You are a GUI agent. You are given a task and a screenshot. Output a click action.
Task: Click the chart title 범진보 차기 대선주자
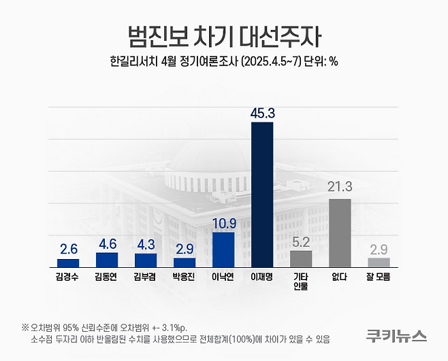(x=223, y=35)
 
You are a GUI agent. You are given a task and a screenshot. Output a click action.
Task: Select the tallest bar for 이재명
(x=262, y=194)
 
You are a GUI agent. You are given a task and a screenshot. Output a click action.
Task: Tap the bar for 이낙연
(x=223, y=250)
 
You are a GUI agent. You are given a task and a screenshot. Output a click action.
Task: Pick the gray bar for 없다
(x=340, y=233)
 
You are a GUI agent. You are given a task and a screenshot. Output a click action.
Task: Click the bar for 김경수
(x=68, y=263)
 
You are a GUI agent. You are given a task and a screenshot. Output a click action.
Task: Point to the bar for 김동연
(x=107, y=260)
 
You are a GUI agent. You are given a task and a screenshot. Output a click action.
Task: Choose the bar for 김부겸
(x=146, y=260)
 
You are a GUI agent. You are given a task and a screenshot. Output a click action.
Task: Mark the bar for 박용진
(x=185, y=262)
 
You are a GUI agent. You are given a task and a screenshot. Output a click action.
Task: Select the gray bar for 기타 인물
(x=301, y=259)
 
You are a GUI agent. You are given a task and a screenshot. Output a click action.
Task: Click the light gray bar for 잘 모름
(x=379, y=262)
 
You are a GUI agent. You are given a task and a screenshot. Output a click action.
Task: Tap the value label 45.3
(x=262, y=112)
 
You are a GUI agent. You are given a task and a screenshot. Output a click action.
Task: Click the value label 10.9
(x=223, y=222)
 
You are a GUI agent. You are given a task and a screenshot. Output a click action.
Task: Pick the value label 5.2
(x=301, y=241)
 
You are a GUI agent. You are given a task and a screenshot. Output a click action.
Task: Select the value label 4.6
(x=107, y=243)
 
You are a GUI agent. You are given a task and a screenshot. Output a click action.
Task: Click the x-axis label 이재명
(x=262, y=277)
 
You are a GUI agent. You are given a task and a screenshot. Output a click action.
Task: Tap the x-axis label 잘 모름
(x=379, y=277)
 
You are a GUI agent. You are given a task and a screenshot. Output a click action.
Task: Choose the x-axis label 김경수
(x=68, y=277)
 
